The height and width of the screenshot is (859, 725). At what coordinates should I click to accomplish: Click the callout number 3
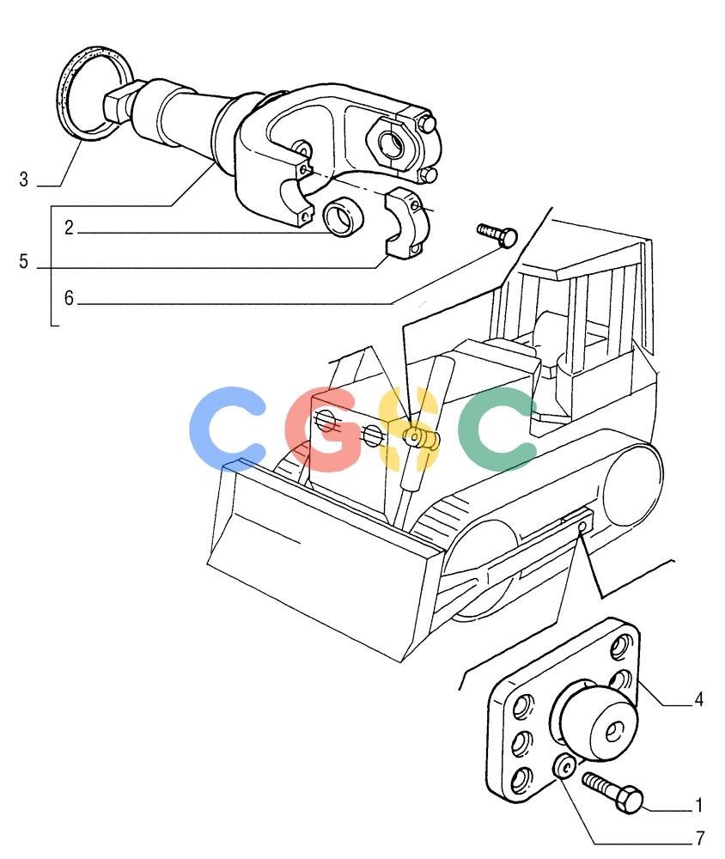[23, 180]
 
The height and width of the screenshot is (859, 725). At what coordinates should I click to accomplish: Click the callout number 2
[69, 228]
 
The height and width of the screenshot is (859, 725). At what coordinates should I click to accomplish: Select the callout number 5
[23, 261]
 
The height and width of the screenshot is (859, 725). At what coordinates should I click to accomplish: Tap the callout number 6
[69, 298]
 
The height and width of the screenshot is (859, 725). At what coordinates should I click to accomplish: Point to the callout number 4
[698, 699]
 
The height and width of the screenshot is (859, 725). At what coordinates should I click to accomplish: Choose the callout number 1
[698, 806]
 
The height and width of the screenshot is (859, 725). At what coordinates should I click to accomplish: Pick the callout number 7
[700, 838]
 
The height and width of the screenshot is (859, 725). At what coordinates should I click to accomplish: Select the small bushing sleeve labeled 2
[343, 216]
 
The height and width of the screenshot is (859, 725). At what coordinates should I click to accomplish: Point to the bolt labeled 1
[612, 792]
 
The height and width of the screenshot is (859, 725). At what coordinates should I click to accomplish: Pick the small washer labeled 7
[564, 765]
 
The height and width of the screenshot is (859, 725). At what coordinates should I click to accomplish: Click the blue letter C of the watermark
[226, 428]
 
